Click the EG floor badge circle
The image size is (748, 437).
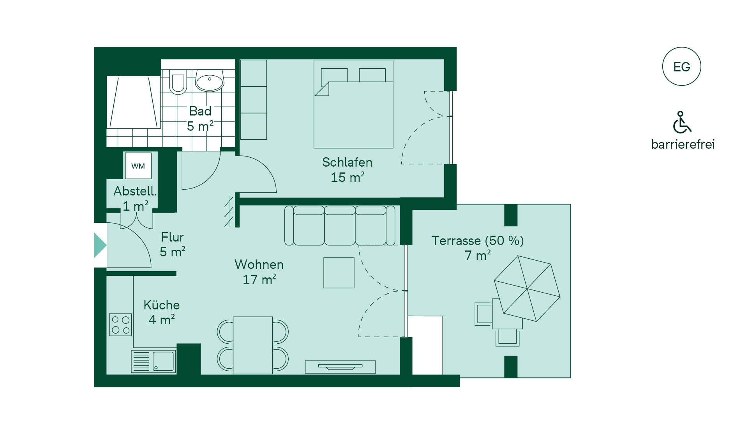[x=681, y=66]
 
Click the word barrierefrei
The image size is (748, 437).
[x=683, y=144]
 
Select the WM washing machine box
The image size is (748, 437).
[x=138, y=166]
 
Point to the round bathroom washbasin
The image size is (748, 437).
[x=209, y=81]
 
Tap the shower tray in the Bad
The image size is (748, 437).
[x=134, y=102]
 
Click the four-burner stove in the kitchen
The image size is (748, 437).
[x=120, y=325]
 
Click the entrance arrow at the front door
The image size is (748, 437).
[x=100, y=245]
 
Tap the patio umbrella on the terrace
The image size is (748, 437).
[x=527, y=289]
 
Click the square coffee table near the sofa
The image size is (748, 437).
[x=339, y=273]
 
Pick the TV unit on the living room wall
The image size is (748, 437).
[x=340, y=367]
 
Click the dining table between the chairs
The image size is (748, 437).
[x=253, y=345]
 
